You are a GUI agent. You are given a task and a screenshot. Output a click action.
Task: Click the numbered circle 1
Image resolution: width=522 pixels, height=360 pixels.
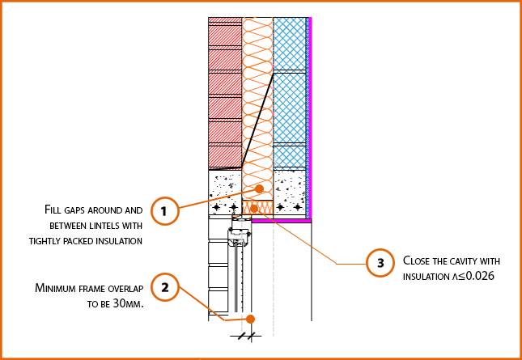point(164,212)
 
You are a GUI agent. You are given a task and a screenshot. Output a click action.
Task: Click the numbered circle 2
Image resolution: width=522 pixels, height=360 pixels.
point(164,287)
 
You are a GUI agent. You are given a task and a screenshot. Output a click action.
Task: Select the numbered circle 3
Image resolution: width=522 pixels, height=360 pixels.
point(380,263)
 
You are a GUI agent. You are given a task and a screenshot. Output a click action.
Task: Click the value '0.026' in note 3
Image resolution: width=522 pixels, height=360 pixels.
point(477,276)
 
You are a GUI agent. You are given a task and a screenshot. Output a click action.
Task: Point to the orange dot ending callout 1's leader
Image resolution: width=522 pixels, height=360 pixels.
point(259,189)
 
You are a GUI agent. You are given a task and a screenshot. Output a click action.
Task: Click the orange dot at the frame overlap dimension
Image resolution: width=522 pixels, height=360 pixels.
point(251,318)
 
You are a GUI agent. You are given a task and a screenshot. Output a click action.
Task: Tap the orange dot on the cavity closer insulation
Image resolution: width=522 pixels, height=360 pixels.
point(254,209)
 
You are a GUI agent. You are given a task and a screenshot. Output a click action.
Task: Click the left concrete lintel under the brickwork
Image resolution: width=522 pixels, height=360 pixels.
point(225,194)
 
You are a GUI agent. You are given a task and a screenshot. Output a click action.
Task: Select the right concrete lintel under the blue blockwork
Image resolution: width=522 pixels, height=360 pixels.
point(290,194)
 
